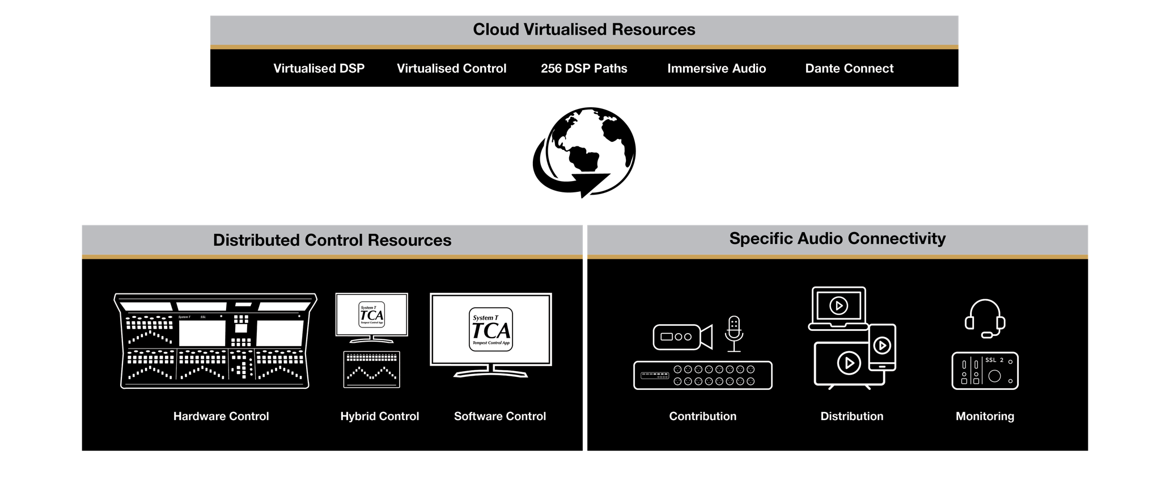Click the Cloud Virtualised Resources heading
pyautogui.click(x=584, y=30)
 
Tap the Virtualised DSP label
pyautogui.click(x=319, y=69)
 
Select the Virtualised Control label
pyautogui.click(x=451, y=69)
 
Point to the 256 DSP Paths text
pyautogui.click(x=584, y=69)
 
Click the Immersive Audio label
pyautogui.click(x=717, y=69)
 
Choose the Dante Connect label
pyautogui.click(x=849, y=69)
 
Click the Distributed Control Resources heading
pyautogui.click(x=332, y=240)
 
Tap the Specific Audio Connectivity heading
pyautogui.click(x=837, y=238)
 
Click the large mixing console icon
pyautogui.click(x=215, y=341)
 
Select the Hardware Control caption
pyautogui.click(x=221, y=416)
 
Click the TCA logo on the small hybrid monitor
pyautogui.click(x=372, y=314)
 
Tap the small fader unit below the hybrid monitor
pyautogui.click(x=372, y=369)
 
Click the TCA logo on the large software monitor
pyautogui.click(x=491, y=329)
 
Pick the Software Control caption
pyautogui.click(x=499, y=416)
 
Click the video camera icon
pyautogui.click(x=682, y=337)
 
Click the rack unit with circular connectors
pyautogui.click(x=703, y=375)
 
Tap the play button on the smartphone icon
pyautogui.click(x=882, y=345)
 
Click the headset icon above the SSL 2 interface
pyautogui.click(x=985, y=318)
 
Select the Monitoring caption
pyautogui.click(x=985, y=416)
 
